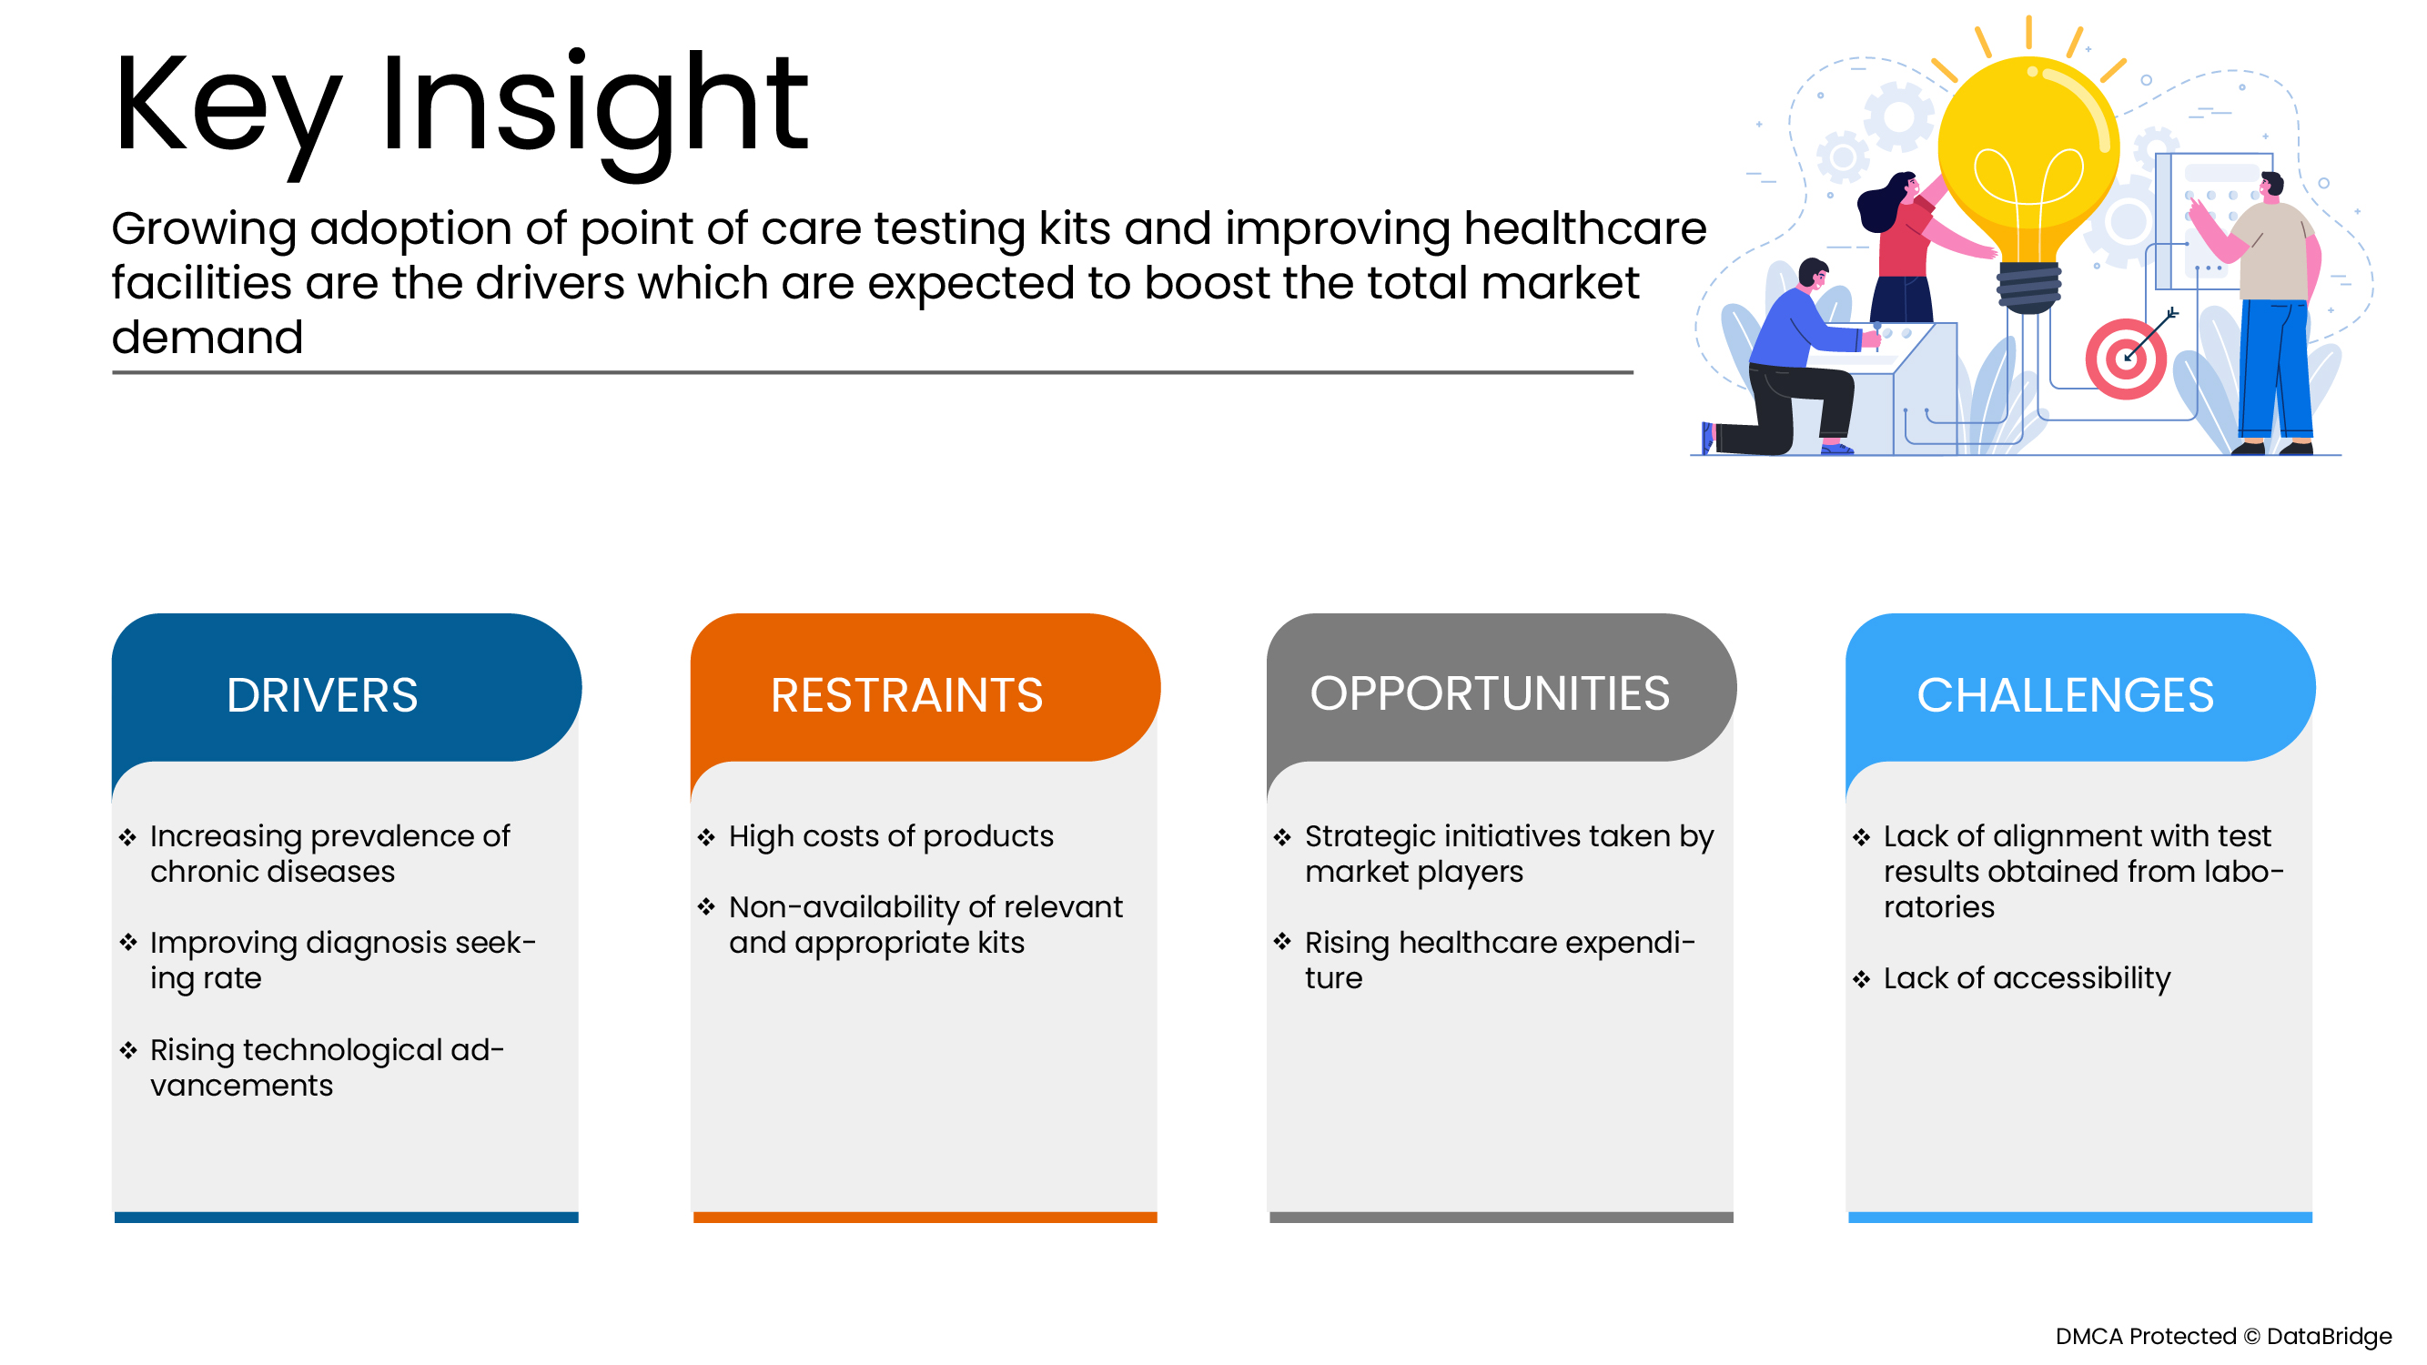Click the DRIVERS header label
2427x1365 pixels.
pyautogui.click(x=322, y=695)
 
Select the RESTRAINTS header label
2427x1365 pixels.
pyautogui.click(x=906, y=695)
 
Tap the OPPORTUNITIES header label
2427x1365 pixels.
pyautogui.click(x=1490, y=693)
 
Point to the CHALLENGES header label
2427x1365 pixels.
pyautogui.click(x=2065, y=695)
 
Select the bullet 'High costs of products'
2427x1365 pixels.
pyautogui.click(x=890, y=836)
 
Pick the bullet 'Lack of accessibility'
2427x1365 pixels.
pyautogui.click(x=2027, y=979)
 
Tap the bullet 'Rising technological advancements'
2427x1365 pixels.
pyautogui.click(x=327, y=1067)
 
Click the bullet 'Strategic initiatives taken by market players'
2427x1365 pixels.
pyautogui.click(x=1510, y=854)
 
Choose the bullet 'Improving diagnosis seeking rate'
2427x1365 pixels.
pyautogui.click(x=343, y=960)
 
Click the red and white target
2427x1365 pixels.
pyautogui.click(x=2126, y=359)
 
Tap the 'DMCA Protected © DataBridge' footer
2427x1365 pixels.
pyautogui.click(x=2223, y=1337)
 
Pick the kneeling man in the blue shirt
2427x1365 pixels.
pyautogui.click(x=1790, y=363)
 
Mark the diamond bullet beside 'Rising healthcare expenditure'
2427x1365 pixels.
pyautogui.click(x=1282, y=942)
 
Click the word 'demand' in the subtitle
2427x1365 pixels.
pyautogui.click(x=207, y=338)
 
